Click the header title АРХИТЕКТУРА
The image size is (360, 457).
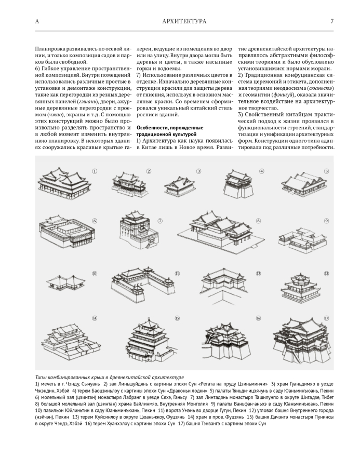click(x=184, y=21)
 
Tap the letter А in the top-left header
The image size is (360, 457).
click(x=36, y=21)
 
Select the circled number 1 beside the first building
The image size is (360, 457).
click(x=95, y=171)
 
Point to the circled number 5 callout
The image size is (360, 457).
click(x=326, y=171)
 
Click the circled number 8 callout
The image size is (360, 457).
click(x=258, y=221)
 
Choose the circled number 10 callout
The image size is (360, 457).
click(x=94, y=273)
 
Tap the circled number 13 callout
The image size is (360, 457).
click(x=326, y=273)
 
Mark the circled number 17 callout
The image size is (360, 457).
click(x=326, y=318)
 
